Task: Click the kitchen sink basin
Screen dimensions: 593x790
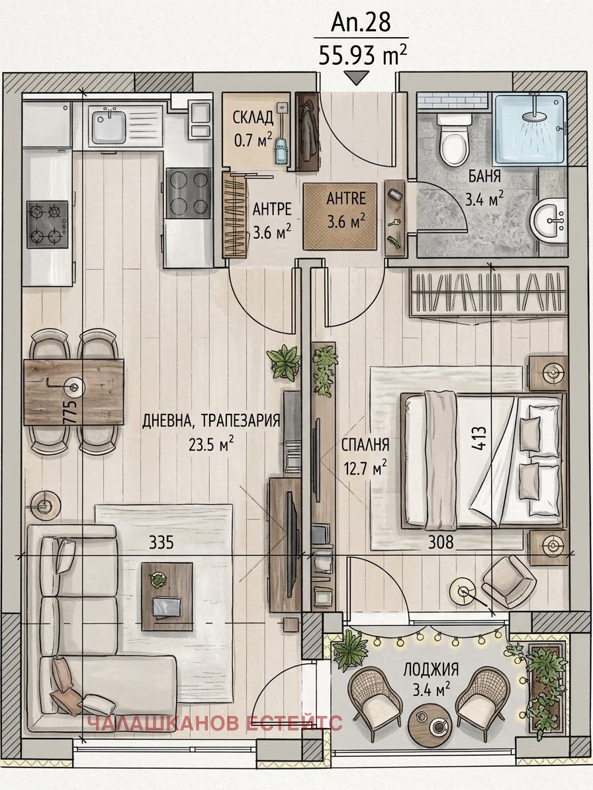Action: (108, 122)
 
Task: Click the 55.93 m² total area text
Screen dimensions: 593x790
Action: (363, 56)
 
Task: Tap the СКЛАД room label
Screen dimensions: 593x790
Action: (253, 118)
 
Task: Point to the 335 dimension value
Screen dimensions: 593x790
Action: (161, 542)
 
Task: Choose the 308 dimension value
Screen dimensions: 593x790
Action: (441, 542)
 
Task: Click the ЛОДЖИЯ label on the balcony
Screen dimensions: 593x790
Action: (431, 669)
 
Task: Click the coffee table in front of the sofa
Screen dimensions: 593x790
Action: (167, 596)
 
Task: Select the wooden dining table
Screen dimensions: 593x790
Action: (73, 385)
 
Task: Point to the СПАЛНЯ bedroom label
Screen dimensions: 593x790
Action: (365, 445)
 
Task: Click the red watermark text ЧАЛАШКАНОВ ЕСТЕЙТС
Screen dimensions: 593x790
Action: (215, 723)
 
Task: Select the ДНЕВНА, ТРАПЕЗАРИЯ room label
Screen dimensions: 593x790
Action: (211, 420)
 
